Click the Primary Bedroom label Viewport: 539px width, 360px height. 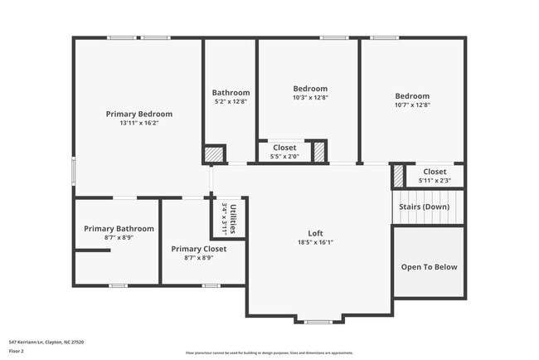pos(138,114)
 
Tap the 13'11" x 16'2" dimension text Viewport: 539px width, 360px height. pos(138,123)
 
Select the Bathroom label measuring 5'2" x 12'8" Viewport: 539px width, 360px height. pos(231,93)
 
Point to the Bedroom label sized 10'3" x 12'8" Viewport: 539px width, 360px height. pos(310,89)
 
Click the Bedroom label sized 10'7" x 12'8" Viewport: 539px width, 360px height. pos(412,96)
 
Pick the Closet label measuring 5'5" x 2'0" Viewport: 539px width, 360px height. pos(284,148)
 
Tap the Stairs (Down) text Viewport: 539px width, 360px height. pos(425,207)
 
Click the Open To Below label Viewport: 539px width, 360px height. pos(429,267)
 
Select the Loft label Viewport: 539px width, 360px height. pos(315,234)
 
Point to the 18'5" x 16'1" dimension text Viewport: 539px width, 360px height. pos(315,243)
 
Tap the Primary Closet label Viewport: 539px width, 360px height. pos(198,249)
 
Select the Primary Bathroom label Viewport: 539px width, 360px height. pos(119,228)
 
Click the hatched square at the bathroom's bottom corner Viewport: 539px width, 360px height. pos(214,154)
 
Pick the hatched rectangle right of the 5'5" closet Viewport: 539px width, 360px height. pos(318,151)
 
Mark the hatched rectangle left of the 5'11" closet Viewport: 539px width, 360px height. pos(398,175)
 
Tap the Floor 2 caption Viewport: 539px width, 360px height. pos(17,351)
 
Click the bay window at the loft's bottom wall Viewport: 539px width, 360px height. pos(318,321)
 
